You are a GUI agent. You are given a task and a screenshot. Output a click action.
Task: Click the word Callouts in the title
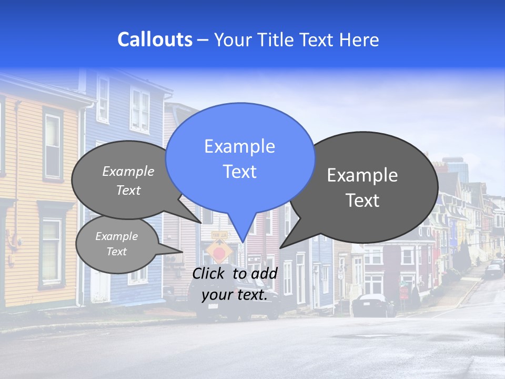coord(155,40)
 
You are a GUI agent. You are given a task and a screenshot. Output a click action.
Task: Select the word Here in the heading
coord(359,40)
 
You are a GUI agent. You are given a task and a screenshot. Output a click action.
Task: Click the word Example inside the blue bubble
coord(239,146)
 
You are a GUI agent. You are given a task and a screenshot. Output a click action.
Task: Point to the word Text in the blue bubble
coord(239,172)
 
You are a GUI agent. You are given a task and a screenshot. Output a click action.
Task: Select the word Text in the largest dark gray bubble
coord(362,201)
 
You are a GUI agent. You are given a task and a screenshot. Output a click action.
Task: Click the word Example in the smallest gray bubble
coord(116,236)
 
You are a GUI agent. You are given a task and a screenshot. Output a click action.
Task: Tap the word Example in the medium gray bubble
coord(128,172)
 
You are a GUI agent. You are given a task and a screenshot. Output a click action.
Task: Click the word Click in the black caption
coord(210,273)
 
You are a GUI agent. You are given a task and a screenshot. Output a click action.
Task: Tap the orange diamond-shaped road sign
coord(219,251)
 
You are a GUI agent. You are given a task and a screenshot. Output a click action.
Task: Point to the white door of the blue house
coord(99,284)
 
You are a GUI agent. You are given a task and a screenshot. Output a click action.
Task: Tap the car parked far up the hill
coord(493,271)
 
